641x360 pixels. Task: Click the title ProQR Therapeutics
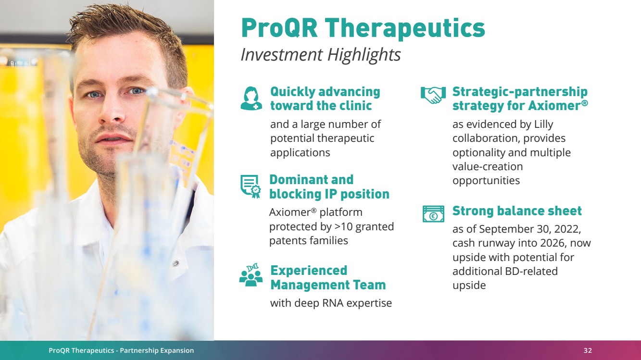[363, 28]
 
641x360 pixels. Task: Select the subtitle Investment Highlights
[320, 55]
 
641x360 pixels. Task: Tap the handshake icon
[433, 95]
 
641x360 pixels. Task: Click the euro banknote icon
[434, 213]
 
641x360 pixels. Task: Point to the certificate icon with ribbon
[251, 186]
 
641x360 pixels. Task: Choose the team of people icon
[251, 275]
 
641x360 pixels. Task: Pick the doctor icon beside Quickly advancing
[251, 99]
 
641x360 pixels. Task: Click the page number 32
[588, 350]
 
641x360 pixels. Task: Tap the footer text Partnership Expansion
[157, 350]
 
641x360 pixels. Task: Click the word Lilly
[543, 124]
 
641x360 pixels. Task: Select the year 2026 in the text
[552, 243]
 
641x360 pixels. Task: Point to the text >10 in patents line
[343, 227]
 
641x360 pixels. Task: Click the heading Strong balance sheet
[517, 211]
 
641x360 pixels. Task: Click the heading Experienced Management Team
[328, 278]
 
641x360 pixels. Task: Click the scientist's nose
[113, 110]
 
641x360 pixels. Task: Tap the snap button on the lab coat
[176, 263]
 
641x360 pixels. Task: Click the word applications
[300, 153]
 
